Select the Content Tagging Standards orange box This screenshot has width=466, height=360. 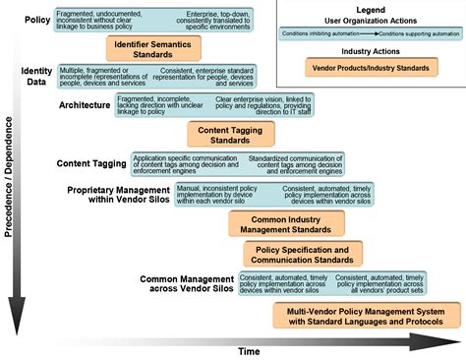pos(224,135)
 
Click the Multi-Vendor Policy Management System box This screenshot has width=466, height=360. pos(367,315)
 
